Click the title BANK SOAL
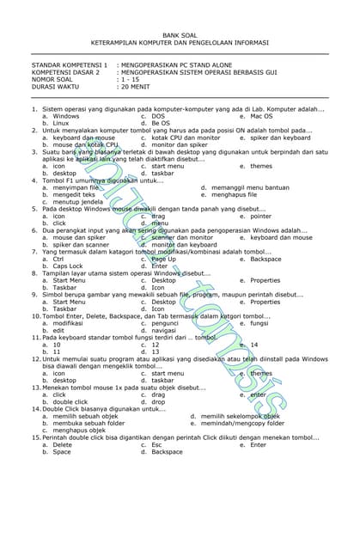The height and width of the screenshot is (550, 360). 180,34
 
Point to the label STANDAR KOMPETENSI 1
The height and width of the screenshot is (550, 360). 70,64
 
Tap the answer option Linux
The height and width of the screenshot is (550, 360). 60,123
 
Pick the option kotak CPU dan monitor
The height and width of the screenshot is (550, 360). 186,137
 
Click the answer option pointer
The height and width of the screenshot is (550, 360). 260,216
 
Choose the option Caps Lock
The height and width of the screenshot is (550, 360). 68,266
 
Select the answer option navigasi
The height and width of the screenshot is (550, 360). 163,330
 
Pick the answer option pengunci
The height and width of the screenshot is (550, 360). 164,323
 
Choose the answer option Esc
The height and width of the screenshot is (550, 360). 156,444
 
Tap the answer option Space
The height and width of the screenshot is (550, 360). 62,451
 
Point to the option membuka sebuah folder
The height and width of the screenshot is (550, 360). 88,423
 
